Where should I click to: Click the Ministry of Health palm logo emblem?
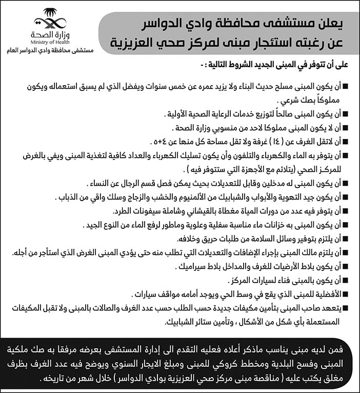(49, 19)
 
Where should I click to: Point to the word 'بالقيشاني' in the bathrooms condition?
(190, 210)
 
